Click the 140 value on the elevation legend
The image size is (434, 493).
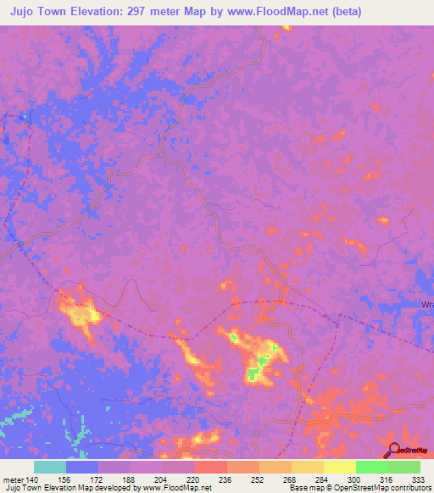33,479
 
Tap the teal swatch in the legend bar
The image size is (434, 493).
50,467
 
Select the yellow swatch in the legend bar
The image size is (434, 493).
340,467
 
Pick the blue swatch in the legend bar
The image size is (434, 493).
82,467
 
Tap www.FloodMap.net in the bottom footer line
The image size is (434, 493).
176,489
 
